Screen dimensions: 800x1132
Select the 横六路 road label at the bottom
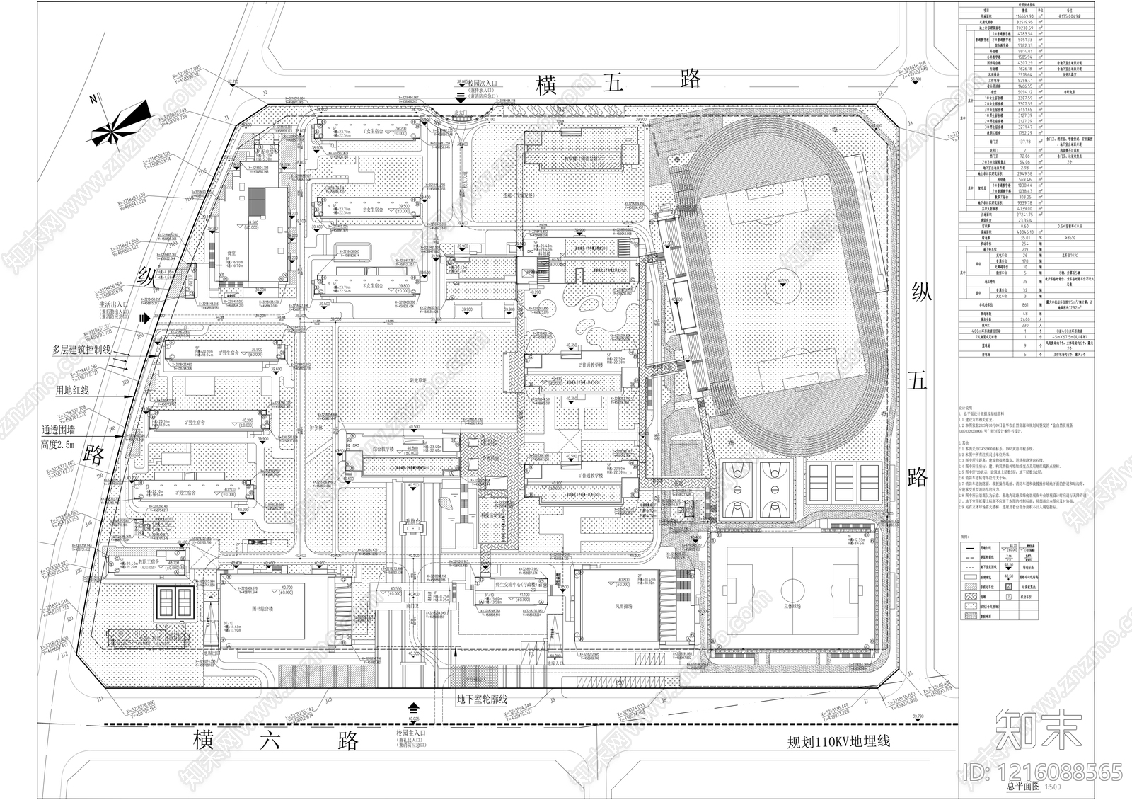point(277,741)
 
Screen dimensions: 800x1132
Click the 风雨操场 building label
point(613,607)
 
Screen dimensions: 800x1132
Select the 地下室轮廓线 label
point(482,699)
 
